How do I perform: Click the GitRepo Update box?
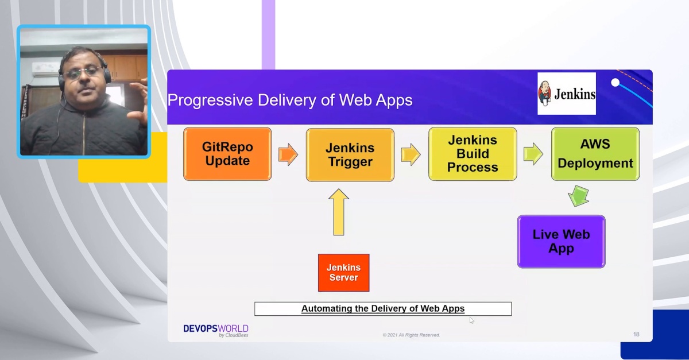coord(227,154)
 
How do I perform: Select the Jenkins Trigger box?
coord(350,155)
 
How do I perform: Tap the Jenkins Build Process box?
coord(473,154)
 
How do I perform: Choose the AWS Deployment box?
coord(595,154)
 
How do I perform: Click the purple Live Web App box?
coord(561,242)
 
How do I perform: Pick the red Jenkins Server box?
coord(343,273)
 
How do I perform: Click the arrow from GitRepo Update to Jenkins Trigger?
coord(288,155)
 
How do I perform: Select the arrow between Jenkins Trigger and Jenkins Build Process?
coord(411,155)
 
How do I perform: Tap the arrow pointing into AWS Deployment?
coord(533,155)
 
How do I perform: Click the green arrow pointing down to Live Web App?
coord(578,195)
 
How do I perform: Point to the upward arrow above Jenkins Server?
coord(339,212)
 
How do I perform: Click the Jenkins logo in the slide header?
coord(567,94)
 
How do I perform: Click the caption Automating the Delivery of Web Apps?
coord(383,309)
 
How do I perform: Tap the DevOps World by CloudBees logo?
coord(216,331)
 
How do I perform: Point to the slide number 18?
coord(636,334)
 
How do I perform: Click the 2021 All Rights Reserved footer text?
coord(411,335)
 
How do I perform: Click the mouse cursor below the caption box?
coord(472,320)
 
